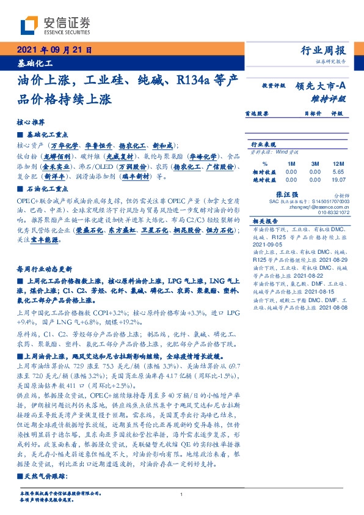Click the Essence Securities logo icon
click(x=29, y=24)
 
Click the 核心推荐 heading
click(x=29, y=122)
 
